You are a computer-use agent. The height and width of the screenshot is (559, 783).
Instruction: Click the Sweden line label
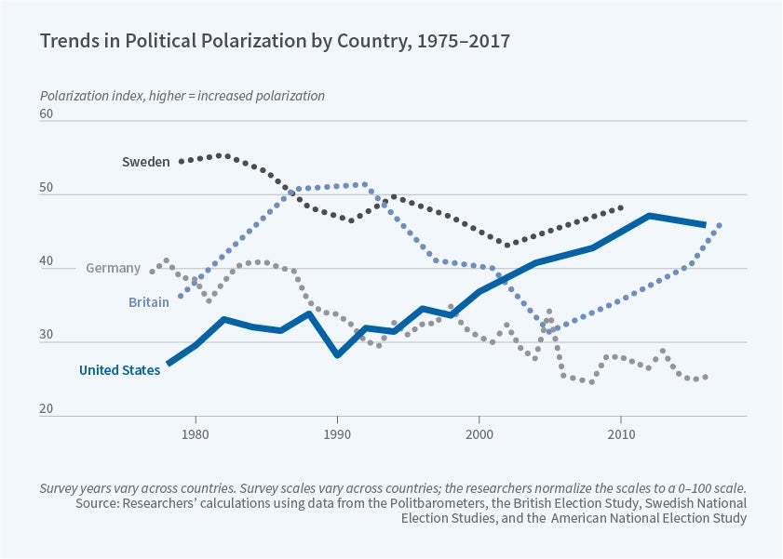click(145, 162)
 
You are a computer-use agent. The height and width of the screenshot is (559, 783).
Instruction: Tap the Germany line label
click(113, 269)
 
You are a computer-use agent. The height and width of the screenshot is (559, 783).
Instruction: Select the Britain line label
click(148, 302)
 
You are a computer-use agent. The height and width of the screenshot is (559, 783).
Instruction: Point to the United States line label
click(119, 370)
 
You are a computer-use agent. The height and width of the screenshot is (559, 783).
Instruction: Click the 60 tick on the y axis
click(47, 115)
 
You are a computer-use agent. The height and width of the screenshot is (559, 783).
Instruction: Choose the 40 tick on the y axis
click(47, 263)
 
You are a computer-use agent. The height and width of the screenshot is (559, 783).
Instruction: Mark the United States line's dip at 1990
click(337, 355)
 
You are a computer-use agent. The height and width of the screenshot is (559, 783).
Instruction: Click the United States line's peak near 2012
click(650, 216)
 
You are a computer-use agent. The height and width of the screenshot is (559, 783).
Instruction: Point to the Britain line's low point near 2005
click(550, 330)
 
